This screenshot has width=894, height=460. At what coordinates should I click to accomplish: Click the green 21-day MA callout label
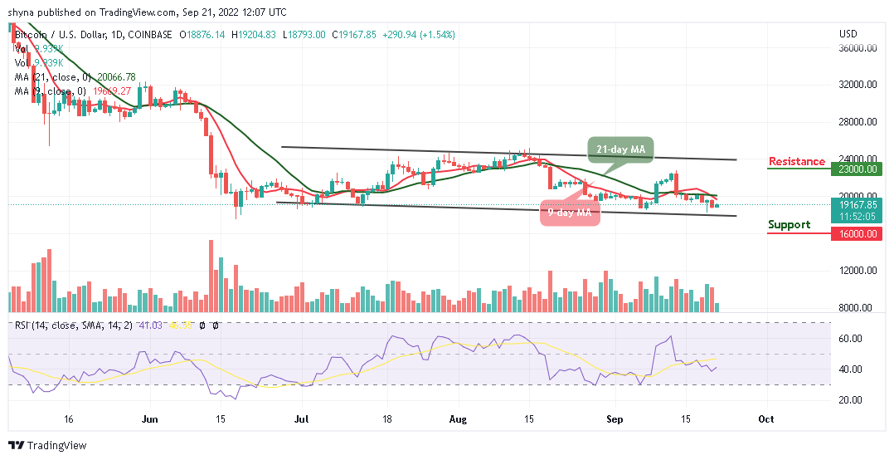tap(621, 149)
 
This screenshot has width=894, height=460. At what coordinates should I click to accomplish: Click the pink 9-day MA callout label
tap(571, 213)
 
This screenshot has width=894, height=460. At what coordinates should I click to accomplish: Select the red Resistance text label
tap(796, 161)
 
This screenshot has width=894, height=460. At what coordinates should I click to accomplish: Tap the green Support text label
tap(789, 225)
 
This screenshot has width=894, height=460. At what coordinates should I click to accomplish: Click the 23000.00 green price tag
tap(858, 168)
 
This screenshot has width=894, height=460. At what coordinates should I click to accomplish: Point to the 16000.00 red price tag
tap(858, 233)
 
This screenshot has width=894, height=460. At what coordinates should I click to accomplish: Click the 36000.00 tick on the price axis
tap(858, 47)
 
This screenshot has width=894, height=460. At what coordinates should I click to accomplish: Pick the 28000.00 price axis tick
tap(858, 122)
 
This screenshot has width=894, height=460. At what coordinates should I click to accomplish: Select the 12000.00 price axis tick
tap(858, 271)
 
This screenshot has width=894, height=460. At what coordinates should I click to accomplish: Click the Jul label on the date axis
tap(297, 419)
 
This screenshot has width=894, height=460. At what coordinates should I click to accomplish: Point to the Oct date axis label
tap(766, 419)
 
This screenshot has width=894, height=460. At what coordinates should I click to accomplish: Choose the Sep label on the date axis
tap(615, 419)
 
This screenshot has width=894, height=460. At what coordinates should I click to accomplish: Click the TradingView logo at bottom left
tap(47, 446)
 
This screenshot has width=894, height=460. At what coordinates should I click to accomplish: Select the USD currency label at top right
tap(848, 34)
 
